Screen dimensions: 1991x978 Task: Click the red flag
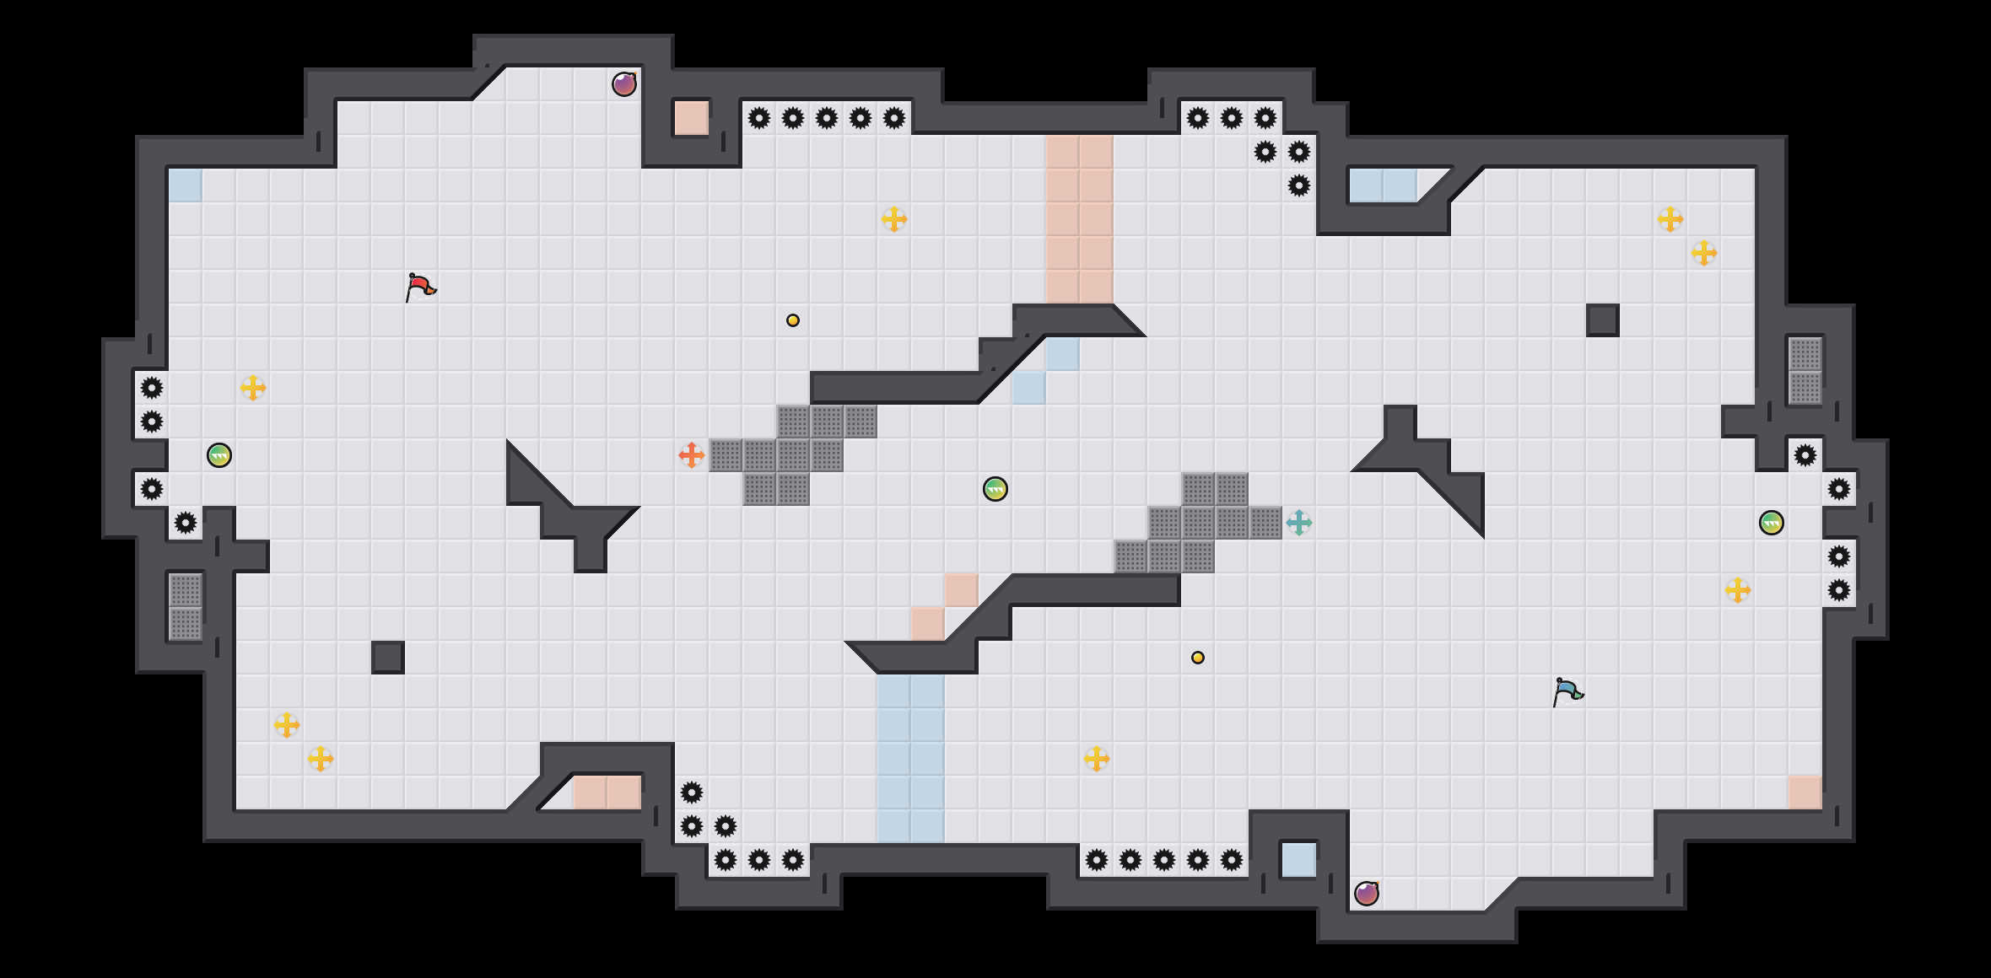tap(419, 287)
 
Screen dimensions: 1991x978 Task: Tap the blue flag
tap(1567, 691)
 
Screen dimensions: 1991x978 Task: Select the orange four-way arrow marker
tap(692, 455)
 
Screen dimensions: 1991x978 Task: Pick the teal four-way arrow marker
tap(1299, 523)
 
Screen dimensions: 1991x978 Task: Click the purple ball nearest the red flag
tap(624, 84)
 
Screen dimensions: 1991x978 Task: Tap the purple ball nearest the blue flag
tap(1367, 894)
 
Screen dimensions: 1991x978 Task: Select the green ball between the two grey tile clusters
tap(995, 489)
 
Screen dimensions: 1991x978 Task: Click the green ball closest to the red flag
tap(219, 455)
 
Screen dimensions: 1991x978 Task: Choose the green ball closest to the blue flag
tap(1772, 523)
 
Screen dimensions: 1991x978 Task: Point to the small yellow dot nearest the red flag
tap(793, 320)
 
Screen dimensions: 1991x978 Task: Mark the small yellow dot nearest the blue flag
tap(1198, 658)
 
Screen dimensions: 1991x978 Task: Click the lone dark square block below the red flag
tap(388, 658)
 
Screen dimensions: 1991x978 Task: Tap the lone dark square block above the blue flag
tap(1603, 320)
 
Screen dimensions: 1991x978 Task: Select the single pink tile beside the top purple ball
tap(692, 118)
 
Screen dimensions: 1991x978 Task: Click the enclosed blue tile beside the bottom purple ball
tap(1299, 860)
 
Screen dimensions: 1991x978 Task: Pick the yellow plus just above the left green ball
tap(253, 388)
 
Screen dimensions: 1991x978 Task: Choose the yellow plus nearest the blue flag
tap(1738, 590)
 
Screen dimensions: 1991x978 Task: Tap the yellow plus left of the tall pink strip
tap(894, 219)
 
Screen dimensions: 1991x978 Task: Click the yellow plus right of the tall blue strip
tap(1097, 759)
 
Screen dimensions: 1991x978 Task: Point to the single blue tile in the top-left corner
tap(186, 185)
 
